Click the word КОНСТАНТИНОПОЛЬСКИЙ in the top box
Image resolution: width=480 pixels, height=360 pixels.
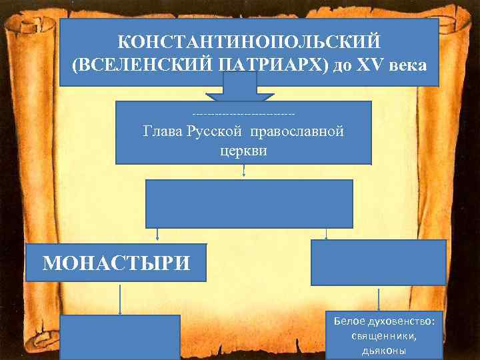(x=249, y=41)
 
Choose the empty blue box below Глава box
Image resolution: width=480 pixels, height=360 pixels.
(x=249, y=203)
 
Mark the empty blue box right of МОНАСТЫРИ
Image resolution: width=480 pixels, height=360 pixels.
(x=378, y=263)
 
